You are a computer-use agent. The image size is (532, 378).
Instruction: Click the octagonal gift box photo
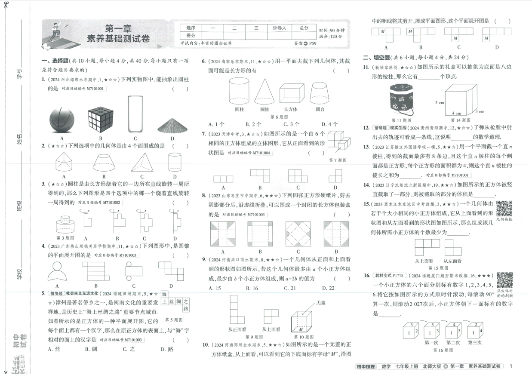coord(402,99)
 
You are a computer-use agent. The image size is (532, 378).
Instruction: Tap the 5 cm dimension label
coord(439,103)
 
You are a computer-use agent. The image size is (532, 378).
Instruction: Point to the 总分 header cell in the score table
coord(304,28)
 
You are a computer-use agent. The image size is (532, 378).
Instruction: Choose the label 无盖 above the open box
coord(321,303)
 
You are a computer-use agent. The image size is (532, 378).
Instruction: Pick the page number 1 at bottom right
coord(510,366)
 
